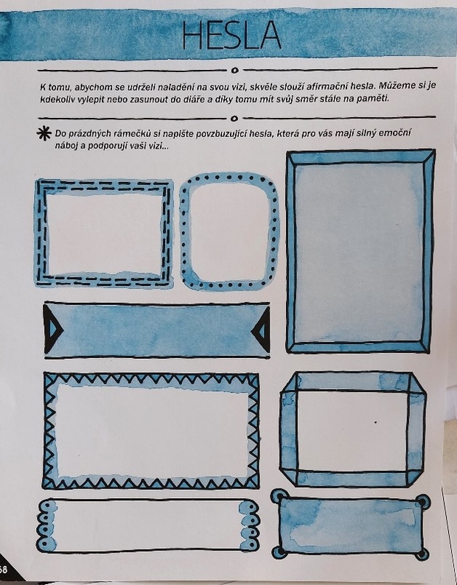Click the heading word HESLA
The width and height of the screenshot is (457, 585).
[231, 35]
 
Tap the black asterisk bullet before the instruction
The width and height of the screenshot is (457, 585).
[44, 133]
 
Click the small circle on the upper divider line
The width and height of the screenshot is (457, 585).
[234, 70]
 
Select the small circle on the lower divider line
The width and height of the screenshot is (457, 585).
[234, 119]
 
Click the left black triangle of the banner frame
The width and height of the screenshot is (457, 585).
[52, 329]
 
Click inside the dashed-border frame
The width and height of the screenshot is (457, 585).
[105, 234]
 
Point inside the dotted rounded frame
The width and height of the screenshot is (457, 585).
[229, 231]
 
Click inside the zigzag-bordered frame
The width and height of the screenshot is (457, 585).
[151, 431]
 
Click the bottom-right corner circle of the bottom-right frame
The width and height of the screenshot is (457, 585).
[422, 553]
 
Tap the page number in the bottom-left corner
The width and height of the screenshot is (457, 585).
[4, 570]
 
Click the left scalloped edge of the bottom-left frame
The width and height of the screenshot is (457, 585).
[46, 525]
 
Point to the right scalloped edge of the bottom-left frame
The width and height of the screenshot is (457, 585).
[249, 525]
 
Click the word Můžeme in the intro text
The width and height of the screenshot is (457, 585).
[396, 85]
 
